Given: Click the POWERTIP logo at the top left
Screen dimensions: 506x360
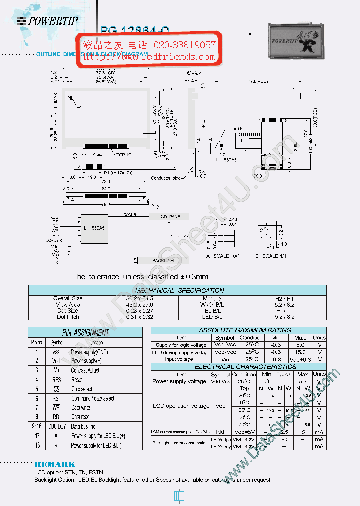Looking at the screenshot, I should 47,20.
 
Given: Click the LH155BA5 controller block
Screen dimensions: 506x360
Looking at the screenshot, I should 94,228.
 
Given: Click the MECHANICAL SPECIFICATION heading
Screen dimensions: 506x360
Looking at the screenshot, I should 179,290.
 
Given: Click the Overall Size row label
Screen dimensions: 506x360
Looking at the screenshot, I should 68,298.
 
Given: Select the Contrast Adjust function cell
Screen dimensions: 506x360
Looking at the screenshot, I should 85,370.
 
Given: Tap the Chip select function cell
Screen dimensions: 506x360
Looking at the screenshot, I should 82,389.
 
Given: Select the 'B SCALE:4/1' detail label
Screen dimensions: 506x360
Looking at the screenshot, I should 271,256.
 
